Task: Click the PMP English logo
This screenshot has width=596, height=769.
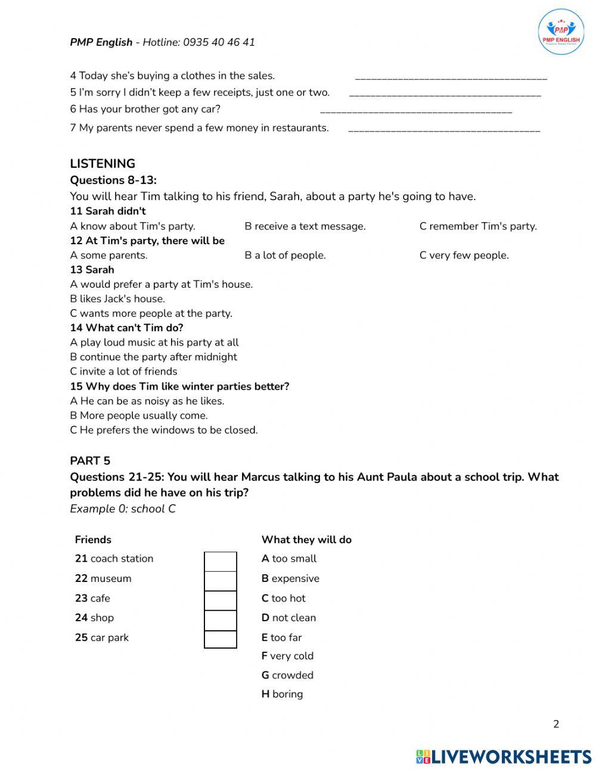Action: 561,32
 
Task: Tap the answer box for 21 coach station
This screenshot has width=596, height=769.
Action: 221,561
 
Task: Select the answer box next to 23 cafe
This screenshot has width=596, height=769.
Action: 221,600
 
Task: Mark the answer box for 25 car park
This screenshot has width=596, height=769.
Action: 221,639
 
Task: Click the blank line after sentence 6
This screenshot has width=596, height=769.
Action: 416,111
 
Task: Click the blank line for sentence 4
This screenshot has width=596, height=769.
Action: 451,77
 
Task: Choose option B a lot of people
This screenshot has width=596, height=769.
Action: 285,256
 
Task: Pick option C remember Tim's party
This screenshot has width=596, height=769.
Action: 478,226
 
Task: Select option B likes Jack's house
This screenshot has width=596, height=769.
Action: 117,299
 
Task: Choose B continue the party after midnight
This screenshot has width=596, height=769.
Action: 153,357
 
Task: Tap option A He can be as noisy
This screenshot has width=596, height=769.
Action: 147,401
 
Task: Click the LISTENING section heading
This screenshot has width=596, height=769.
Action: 103,164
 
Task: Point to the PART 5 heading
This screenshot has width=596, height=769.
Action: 90,460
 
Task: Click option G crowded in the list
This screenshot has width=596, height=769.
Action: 287,675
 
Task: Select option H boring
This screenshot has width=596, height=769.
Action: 282,694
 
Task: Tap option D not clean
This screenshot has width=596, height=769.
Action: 288,618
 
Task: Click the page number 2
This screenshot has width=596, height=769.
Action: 556,724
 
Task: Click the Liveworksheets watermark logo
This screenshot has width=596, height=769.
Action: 504,756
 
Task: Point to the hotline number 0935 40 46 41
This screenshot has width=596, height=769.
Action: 219,42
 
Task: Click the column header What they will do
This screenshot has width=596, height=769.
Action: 306,540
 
